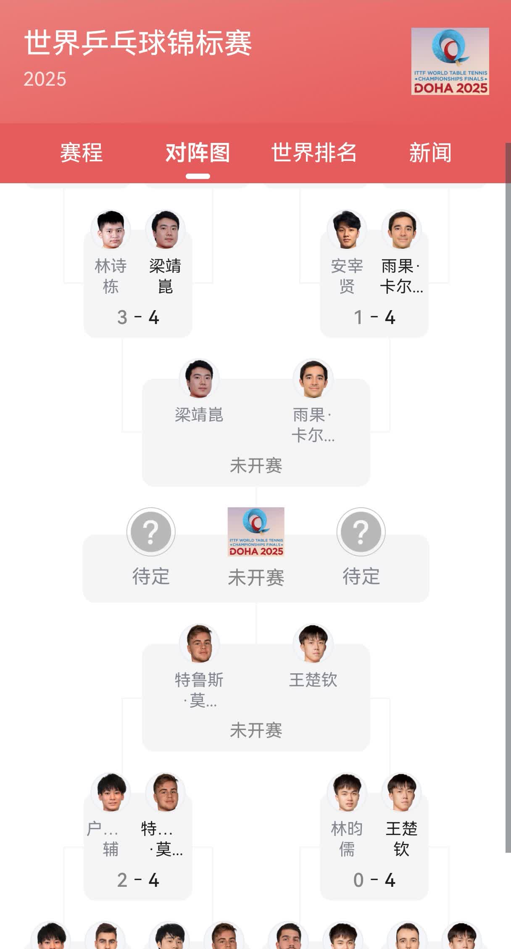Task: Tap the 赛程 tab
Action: click(81, 152)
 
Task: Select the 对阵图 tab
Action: click(198, 152)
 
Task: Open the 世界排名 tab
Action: click(313, 152)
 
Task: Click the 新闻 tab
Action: click(430, 152)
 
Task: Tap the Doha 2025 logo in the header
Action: click(450, 61)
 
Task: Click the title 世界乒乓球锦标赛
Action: click(138, 43)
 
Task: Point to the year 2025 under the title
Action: click(45, 79)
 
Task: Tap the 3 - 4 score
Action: click(138, 317)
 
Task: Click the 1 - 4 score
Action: click(374, 317)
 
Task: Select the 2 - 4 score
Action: click(138, 880)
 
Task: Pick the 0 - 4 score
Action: click(374, 880)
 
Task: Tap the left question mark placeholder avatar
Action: click(151, 532)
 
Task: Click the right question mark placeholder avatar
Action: click(361, 532)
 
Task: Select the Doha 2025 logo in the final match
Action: click(256, 532)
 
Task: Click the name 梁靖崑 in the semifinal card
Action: click(199, 415)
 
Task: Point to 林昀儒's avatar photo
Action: click(347, 793)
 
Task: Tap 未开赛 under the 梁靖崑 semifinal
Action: click(256, 466)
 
